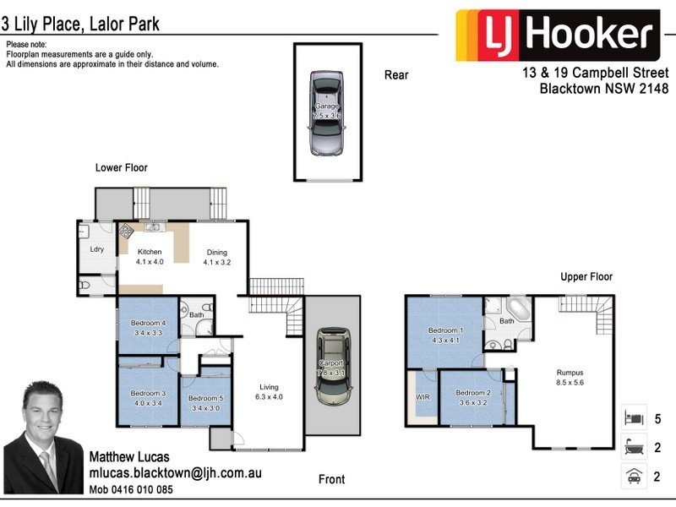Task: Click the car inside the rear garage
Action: pos(327,114)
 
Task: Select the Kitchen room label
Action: pos(149,253)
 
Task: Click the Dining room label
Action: pos(216,253)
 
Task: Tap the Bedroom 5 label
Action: pos(205,398)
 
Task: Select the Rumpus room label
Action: pos(570,372)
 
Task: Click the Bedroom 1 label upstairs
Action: pos(445,330)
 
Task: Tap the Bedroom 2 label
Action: pos(472,393)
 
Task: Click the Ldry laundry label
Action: pos(96,249)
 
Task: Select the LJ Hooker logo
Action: pos(557,35)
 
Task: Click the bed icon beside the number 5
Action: pos(632,417)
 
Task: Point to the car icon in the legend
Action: pos(632,476)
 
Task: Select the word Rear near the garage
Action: pos(396,75)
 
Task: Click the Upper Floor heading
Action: pos(586,276)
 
